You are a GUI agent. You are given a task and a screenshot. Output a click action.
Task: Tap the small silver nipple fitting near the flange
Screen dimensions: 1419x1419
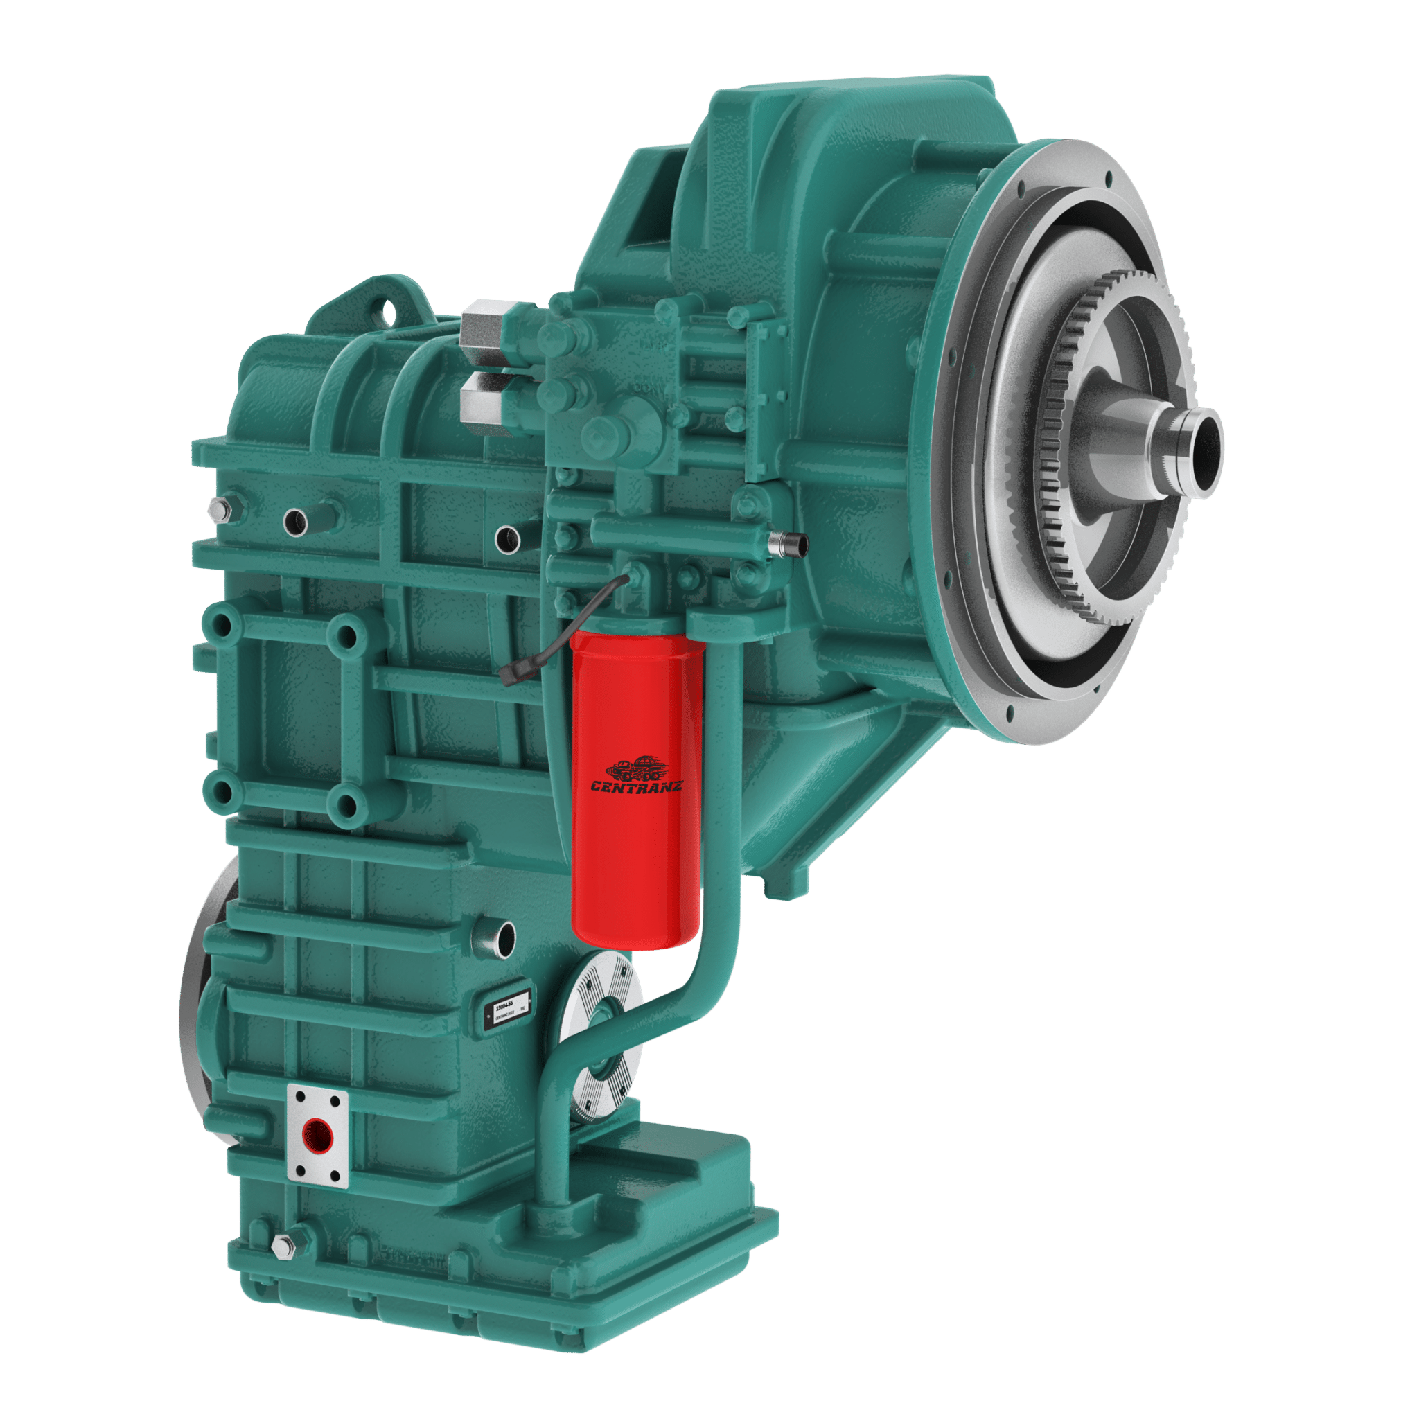pyautogui.click(x=787, y=543)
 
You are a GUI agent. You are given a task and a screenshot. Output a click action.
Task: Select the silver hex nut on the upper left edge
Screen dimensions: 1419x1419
pyautogui.click(x=219, y=509)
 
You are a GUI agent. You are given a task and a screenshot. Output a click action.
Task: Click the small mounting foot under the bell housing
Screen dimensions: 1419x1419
pyautogui.click(x=784, y=885)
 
